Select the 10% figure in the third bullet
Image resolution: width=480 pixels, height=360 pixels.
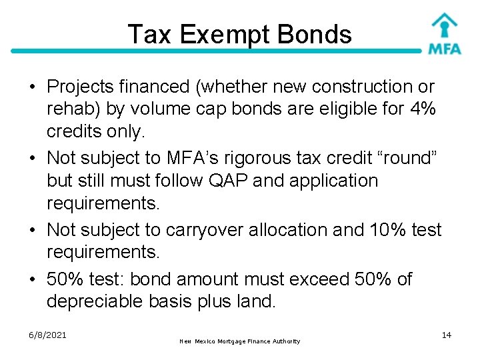(x=385, y=230)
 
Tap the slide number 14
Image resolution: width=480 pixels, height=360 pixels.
(x=447, y=335)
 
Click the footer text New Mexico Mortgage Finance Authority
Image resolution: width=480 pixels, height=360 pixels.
(x=240, y=341)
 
